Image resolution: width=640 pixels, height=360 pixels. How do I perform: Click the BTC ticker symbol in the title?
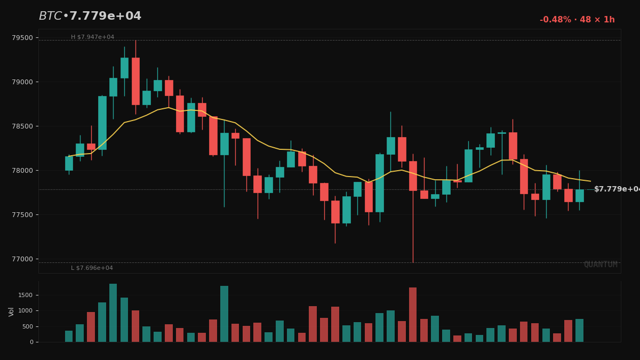click(50, 17)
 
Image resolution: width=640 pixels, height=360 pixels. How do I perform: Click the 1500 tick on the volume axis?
click(25, 295)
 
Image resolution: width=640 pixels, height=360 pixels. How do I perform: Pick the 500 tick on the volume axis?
click(27, 327)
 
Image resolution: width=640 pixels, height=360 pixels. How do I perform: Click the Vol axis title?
click(11, 311)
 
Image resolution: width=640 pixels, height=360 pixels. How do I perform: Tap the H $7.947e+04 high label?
click(92, 37)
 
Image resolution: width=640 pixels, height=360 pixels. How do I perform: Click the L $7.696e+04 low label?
click(92, 268)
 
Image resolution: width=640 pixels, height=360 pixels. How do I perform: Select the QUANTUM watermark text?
click(600, 265)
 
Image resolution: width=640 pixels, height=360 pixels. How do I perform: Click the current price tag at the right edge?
click(616, 189)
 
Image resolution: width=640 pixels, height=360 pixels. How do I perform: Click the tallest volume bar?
click(113, 313)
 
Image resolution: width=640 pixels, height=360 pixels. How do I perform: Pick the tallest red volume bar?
click(413, 315)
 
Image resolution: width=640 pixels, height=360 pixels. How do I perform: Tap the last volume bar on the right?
click(579, 331)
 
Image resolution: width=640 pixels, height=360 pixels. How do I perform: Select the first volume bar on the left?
click(69, 337)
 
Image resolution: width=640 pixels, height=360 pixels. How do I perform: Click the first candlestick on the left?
click(69, 163)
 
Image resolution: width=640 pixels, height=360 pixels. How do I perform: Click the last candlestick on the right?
click(579, 195)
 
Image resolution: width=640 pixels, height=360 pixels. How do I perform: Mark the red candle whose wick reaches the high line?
click(135, 81)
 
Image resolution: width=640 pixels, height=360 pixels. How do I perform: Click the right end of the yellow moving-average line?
click(590, 181)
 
